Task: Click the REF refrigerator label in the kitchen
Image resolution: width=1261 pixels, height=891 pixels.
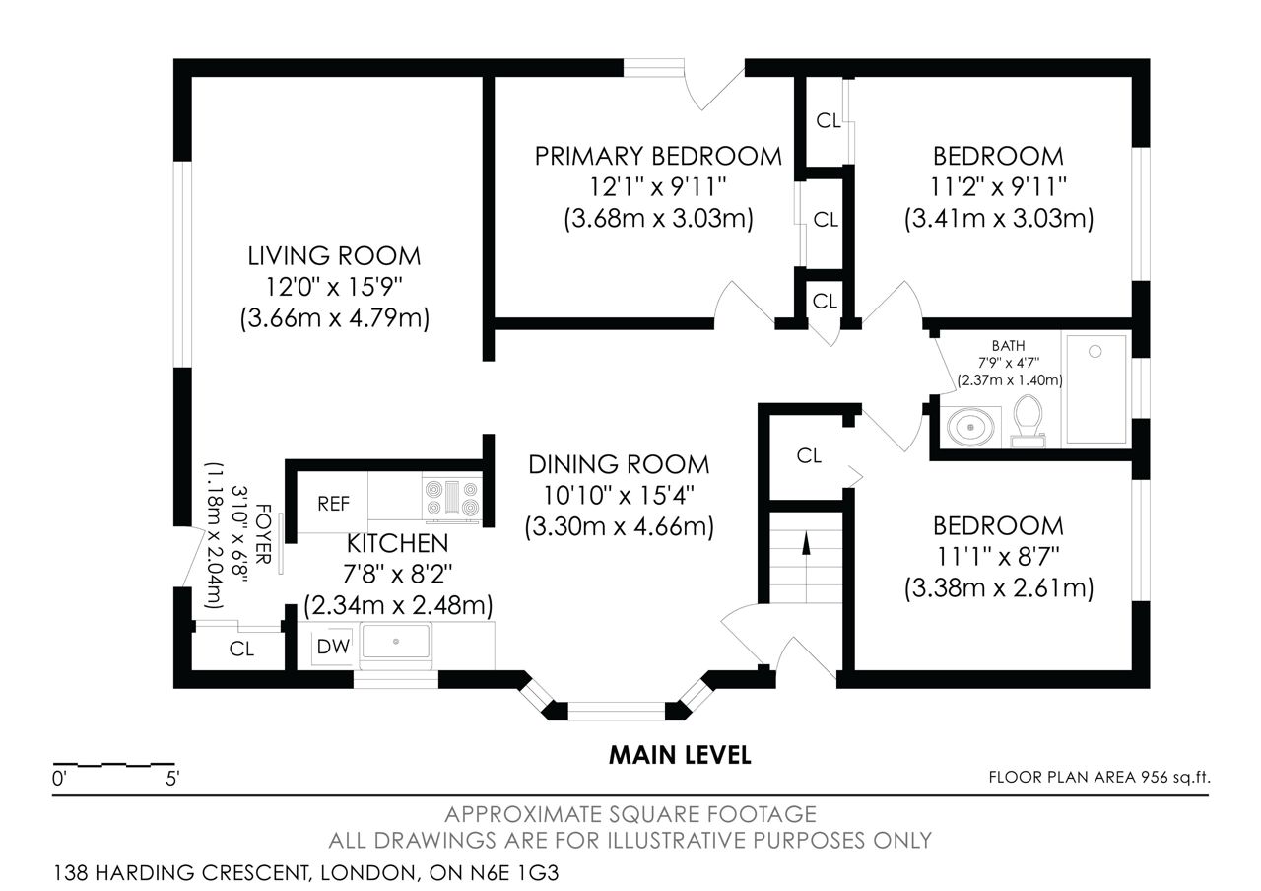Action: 333,504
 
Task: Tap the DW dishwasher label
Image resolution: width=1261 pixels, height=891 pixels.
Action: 333,647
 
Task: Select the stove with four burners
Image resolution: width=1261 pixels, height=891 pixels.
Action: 452,498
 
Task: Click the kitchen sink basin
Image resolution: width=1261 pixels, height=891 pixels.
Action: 396,641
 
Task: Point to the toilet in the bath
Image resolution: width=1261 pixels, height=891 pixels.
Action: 1028,420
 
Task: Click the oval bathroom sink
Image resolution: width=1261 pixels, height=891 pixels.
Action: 970,428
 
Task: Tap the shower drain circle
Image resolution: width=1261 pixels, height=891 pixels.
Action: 1095,352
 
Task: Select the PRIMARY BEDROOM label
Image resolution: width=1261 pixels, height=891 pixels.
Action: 658,156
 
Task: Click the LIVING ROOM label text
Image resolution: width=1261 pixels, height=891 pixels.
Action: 334,256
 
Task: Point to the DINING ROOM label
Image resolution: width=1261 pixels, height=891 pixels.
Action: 619,464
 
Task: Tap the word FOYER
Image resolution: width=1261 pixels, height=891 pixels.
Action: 263,534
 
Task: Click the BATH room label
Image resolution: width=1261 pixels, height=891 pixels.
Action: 1008,345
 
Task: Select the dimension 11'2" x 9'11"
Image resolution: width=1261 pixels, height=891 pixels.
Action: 998,187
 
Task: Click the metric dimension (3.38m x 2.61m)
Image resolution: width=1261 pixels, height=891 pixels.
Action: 999,588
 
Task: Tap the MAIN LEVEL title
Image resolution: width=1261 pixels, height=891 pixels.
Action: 680,755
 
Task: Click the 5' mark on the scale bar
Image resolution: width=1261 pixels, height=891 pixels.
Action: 172,779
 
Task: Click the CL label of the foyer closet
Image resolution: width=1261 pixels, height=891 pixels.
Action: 241,649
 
